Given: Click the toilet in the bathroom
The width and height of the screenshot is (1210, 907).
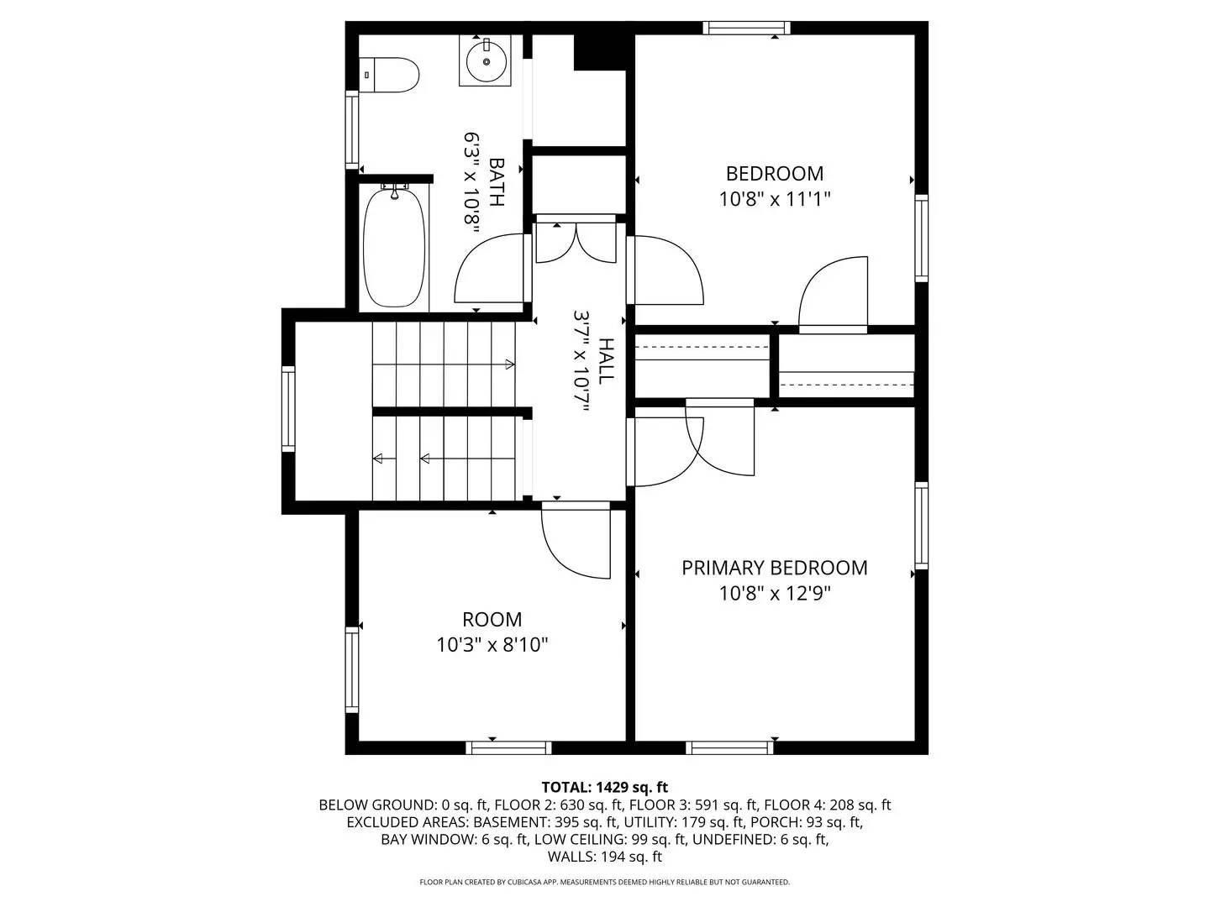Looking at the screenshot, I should (x=390, y=75).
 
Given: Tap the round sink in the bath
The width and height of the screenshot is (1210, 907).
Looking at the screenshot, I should (x=486, y=60).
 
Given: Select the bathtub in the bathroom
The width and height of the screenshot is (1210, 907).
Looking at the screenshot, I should (x=394, y=248).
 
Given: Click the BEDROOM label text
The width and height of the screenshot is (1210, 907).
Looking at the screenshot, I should (x=774, y=174).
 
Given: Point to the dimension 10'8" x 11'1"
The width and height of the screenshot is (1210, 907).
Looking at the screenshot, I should (x=774, y=199).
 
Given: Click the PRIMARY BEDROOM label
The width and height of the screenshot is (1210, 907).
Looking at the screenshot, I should (x=774, y=568).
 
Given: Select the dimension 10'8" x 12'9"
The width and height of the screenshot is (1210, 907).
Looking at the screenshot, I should (x=774, y=594).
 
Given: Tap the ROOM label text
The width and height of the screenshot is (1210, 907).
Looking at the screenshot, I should (x=492, y=620).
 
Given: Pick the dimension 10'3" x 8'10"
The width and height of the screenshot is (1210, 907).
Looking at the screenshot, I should (x=492, y=645).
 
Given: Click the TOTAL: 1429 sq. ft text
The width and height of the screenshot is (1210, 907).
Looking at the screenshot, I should (x=604, y=787).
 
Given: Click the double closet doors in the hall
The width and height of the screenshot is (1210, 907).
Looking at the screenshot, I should (x=576, y=241).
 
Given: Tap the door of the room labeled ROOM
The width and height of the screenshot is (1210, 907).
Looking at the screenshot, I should (x=576, y=542).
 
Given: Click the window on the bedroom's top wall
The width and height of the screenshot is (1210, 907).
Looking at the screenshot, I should (x=747, y=28).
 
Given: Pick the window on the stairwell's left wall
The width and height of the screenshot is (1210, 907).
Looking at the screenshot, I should (x=288, y=409).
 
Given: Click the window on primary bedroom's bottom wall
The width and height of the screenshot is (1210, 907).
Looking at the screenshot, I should (x=729, y=747).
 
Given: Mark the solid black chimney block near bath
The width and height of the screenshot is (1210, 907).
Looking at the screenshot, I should (x=600, y=52).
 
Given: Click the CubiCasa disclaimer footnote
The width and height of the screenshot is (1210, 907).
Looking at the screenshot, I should (x=604, y=882).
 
